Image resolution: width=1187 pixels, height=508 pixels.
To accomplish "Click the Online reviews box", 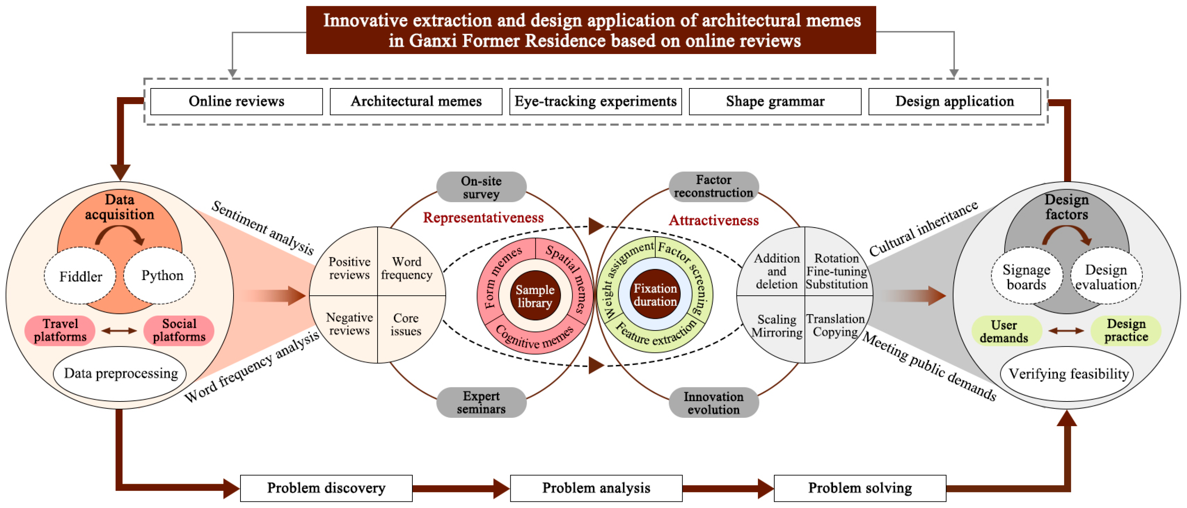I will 236,101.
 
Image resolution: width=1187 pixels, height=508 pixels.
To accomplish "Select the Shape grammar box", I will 775,101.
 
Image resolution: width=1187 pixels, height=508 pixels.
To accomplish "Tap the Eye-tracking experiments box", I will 595,101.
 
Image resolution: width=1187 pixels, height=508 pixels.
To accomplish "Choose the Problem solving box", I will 860,488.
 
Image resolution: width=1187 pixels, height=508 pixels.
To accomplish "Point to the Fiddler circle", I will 80,276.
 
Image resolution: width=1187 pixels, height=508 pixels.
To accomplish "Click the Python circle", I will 162,275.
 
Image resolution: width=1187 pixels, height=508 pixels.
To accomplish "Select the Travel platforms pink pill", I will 60,330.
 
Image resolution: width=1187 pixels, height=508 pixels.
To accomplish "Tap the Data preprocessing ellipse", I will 120,373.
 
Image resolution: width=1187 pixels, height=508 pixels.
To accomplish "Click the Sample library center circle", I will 535,296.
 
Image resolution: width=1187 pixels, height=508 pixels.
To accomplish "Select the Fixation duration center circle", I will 655,295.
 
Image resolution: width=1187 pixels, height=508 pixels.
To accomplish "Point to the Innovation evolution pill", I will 713,403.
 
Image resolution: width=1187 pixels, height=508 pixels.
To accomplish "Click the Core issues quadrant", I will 405,325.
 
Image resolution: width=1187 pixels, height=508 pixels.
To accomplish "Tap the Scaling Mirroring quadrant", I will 776,326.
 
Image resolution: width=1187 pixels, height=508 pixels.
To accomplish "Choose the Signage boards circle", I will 1026,277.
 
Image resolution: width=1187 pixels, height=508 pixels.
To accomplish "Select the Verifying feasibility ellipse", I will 1068,374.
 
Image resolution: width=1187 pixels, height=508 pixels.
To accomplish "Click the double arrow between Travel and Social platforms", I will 119,330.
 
